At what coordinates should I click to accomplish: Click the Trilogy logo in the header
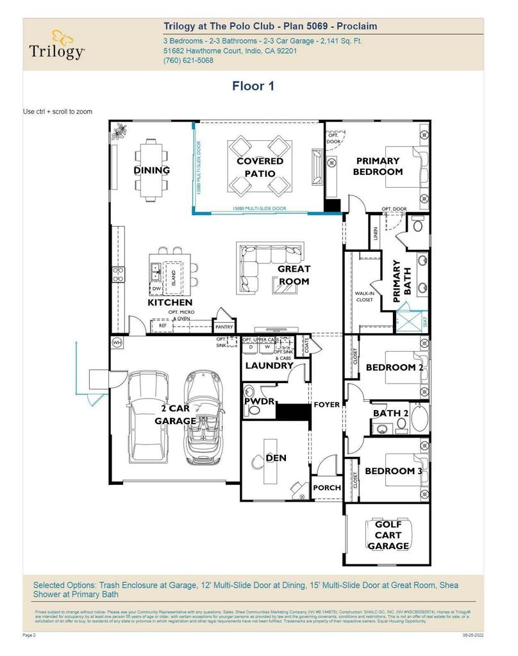(x=56, y=44)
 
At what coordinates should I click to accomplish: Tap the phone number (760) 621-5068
(x=188, y=61)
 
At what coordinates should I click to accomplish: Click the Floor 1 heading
(x=253, y=86)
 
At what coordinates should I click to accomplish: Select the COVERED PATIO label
(x=260, y=167)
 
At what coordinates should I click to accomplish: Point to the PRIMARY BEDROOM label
(x=379, y=166)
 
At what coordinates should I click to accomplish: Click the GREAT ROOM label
(x=294, y=275)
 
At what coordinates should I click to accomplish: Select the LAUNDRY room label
(x=269, y=366)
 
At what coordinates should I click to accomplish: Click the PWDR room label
(x=260, y=402)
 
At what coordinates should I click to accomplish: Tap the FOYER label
(x=326, y=405)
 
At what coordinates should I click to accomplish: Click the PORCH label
(x=326, y=488)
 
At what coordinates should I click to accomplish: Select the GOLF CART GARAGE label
(x=388, y=535)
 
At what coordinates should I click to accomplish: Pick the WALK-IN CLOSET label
(x=365, y=296)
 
